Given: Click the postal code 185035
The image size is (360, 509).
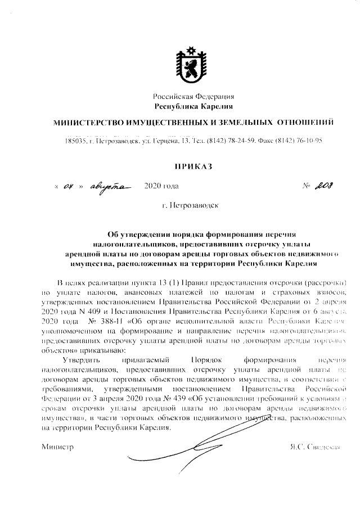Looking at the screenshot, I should click(x=75, y=140).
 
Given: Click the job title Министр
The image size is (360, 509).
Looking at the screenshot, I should click(x=57, y=447).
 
